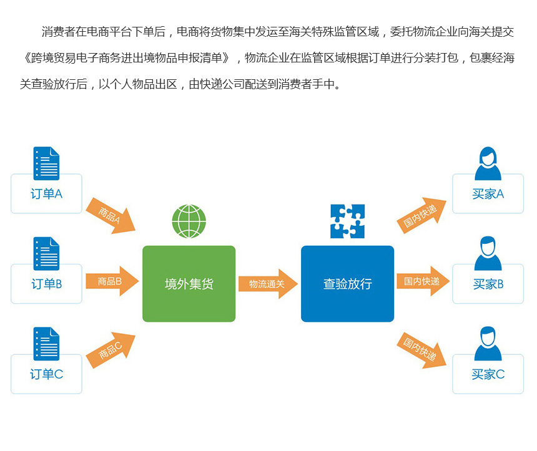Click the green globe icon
tap(189, 221)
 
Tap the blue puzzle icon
tap(347, 221)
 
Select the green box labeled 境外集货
tap(189, 284)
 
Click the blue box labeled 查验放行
tap(348, 284)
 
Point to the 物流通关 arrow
tap(268, 284)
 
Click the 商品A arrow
tap(111, 216)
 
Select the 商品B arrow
tap(112, 281)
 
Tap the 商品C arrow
tap(111, 350)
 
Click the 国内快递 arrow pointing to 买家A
tap(421, 215)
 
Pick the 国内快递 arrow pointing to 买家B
tap(423, 281)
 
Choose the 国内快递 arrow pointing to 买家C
tap(421, 351)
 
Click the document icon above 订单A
tap(46, 163)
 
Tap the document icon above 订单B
tap(46, 253)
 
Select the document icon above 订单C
tap(46, 344)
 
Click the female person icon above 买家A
tap(488, 163)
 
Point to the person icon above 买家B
tap(488, 253)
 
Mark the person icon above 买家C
tap(488, 343)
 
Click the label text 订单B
tap(47, 284)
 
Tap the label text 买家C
tap(488, 374)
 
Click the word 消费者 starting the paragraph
tap(59, 31)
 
